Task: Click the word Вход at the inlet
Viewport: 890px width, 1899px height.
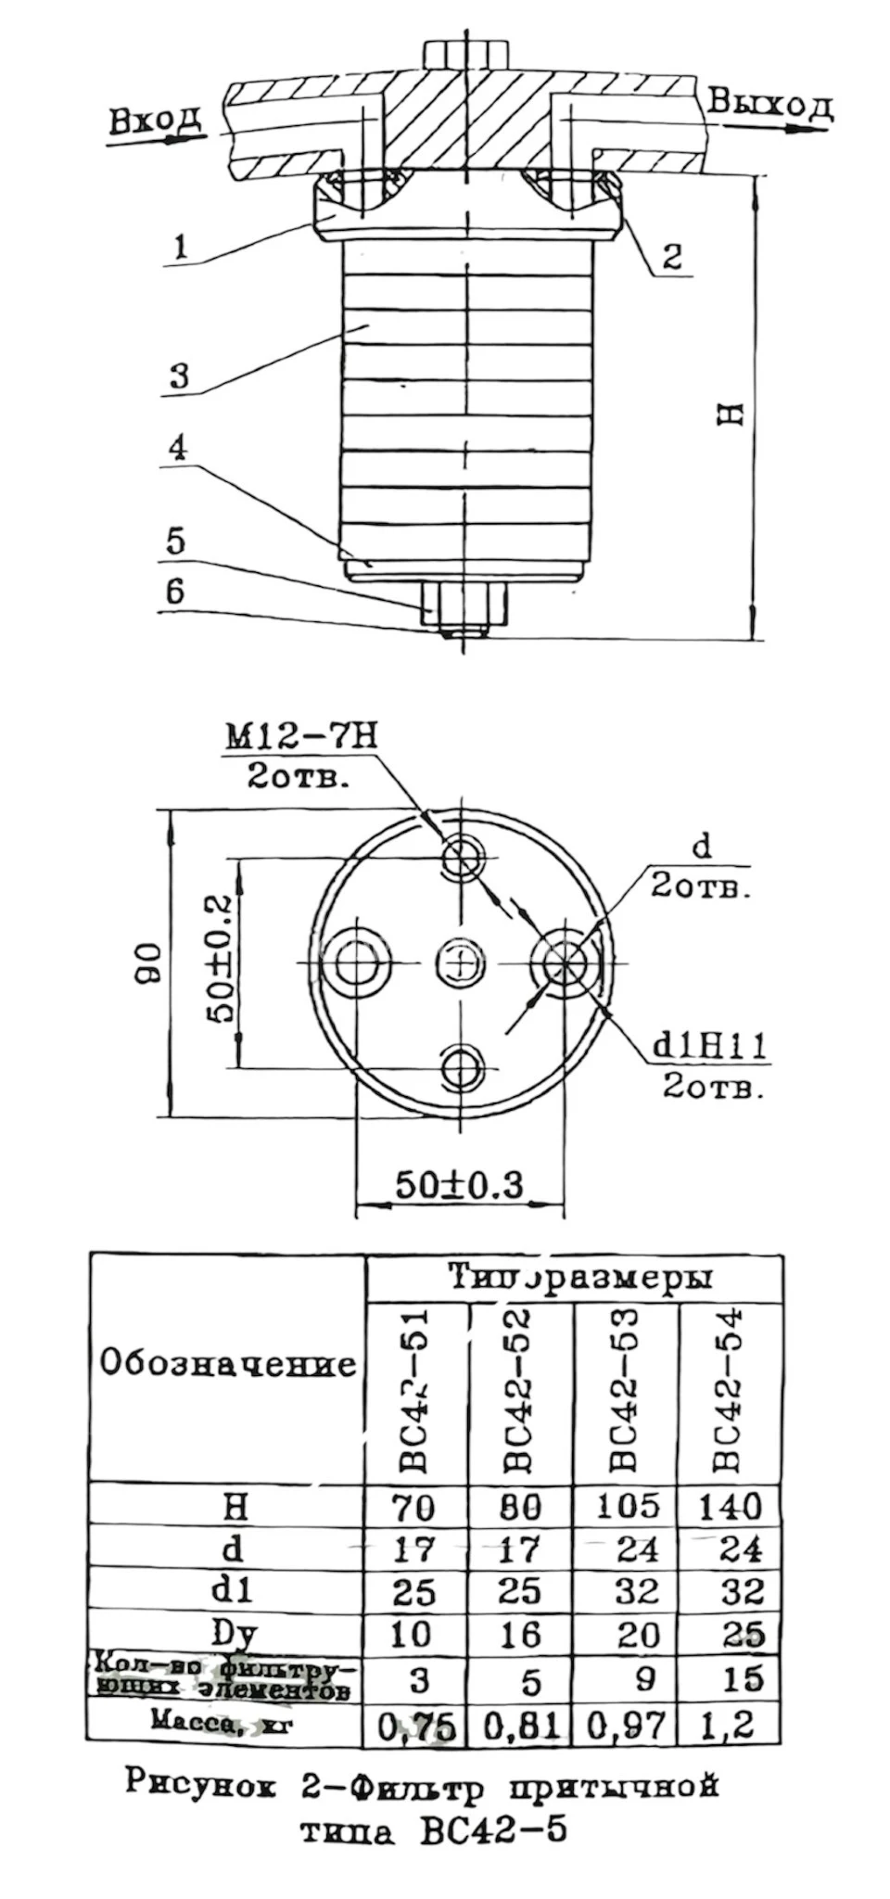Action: pyautogui.click(x=154, y=121)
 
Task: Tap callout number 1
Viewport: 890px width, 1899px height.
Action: pyautogui.click(x=182, y=246)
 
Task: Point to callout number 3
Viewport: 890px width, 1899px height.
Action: pyautogui.click(x=180, y=376)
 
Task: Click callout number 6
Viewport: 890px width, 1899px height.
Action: pyautogui.click(x=175, y=591)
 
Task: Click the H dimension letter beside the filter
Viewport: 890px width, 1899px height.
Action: pyautogui.click(x=732, y=414)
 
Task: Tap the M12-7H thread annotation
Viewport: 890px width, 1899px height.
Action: pyautogui.click(x=301, y=737)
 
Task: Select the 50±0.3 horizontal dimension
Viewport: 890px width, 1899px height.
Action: pyautogui.click(x=459, y=1184)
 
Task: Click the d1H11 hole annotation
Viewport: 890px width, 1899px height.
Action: pyautogui.click(x=710, y=1046)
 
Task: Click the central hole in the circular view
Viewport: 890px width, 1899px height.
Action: pyautogui.click(x=460, y=963)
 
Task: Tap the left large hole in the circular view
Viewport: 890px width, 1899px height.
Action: pyautogui.click(x=358, y=963)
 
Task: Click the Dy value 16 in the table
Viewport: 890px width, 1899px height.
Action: pyautogui.click(x=520, y=1635)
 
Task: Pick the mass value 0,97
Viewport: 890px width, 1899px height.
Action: pyautogui.click(x=626, y=1726)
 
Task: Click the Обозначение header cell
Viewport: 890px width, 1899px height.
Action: pyautogui.click(x=227, y=1364)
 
